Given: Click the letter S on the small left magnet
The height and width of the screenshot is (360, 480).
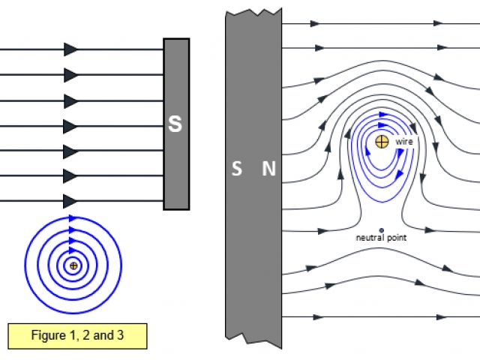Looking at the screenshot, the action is point(175,124).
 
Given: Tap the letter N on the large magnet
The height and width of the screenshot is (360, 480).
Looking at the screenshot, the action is point(268,169).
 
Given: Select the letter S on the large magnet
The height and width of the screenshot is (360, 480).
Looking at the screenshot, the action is point(237,169).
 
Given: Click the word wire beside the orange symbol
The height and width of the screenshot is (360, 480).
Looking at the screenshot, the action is point(404,140).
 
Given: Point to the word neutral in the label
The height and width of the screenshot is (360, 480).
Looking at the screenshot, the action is point(370,238).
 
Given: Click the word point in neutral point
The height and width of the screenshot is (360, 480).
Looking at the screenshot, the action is point(397,238).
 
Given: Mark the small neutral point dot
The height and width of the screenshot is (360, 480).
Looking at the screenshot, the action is point(382,229).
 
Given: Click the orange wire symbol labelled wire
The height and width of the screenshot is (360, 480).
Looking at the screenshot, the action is point(382,141).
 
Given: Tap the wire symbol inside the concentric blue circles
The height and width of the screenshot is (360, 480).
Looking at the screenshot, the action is point(73,265).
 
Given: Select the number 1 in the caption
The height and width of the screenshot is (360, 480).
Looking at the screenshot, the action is point(76,335).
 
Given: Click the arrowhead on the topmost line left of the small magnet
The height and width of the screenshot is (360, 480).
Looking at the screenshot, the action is point(71,49).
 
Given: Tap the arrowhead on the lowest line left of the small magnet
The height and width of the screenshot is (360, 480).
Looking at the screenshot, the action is point(71,200).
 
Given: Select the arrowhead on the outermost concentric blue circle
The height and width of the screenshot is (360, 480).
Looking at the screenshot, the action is point(73,218).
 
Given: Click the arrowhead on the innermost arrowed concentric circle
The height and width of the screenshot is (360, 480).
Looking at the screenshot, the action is point(73,250).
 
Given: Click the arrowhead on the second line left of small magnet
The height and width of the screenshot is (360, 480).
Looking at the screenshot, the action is point(71,75).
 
